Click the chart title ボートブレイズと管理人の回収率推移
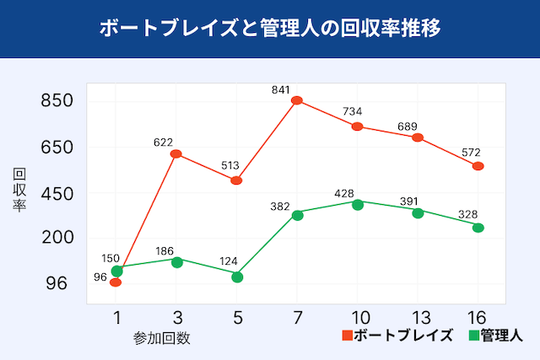coord(269,28)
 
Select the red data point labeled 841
coord(297,100)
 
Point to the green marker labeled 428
coord(358,204)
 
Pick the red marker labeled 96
coord(116,282)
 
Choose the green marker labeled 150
coord(116,271)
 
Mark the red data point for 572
coord(478,166)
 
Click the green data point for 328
coord(478,228)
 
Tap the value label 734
coord(358,112)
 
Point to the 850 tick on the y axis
coord(57,101)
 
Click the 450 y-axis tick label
coord(57,193)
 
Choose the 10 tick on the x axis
coord(358,317)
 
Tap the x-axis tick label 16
coord(478,317)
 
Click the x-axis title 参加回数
coord(161,338)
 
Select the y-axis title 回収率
coord(19,191)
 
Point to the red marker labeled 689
coord(418,137)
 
